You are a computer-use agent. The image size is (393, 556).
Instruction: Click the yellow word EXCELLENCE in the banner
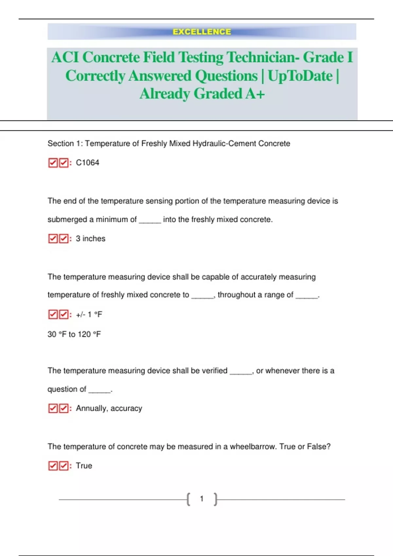[202, 32]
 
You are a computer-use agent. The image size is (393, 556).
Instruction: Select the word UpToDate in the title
[300, 76]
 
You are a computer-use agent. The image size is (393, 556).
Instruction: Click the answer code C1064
[87, 163]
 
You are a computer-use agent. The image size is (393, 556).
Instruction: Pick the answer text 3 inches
[90, 238]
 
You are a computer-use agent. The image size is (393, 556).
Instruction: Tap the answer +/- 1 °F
[89, 315]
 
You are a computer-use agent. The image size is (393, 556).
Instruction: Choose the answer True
[84, 466]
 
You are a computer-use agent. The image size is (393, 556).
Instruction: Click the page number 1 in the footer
[202, 499]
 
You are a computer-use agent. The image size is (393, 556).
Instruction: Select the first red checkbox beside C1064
[53, 163]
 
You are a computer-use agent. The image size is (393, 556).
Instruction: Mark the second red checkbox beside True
[64, 466]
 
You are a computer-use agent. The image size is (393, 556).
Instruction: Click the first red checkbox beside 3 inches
[53, 238]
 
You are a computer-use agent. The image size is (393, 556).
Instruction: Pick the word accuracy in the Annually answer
[126, 408]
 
